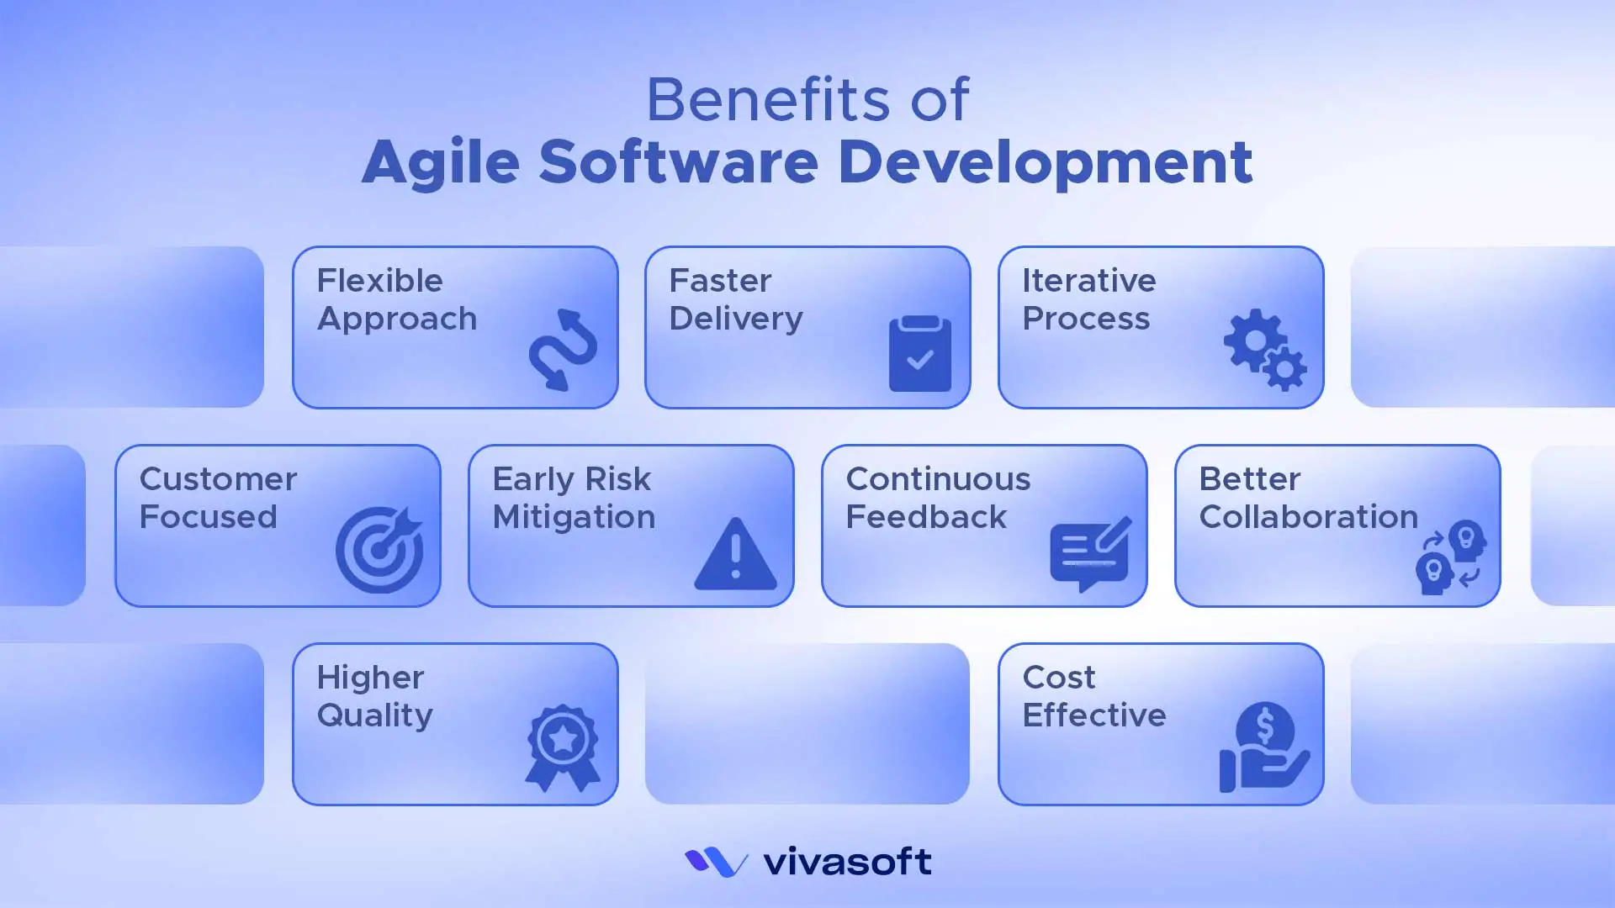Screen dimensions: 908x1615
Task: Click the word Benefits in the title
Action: [x=767, y=99]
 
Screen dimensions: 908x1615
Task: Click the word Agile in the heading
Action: [x=441, y=162]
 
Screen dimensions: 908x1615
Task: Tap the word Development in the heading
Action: [x=1045, y=162]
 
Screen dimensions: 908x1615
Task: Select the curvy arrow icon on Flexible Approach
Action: [x=563, y=350]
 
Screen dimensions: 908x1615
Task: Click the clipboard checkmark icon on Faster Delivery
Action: [x=920, y=354]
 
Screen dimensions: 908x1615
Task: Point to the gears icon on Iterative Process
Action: [x=1264, y=350]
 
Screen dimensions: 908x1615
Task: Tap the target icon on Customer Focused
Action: [x=380, y=550]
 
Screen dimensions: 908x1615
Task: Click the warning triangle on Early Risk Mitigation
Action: [x=735, y=554]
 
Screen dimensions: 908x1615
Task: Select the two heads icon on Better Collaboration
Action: [x=1451, y=557]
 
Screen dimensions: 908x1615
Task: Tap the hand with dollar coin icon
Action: [x=1263, y=747]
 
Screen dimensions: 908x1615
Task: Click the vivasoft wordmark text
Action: [x=847, y=862]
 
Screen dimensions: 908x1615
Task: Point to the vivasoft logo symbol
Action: [x=716, y=862]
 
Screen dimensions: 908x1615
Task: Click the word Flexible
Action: [x=379, y=281]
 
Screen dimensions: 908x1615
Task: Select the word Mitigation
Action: [x=574, y=517]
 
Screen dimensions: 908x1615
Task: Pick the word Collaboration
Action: [x=1308, y=517]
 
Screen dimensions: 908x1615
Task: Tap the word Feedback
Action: [x=926, y=517]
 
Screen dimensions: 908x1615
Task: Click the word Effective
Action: [x=1093, y=715]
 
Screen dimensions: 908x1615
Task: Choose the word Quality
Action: [x=374, y=715]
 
